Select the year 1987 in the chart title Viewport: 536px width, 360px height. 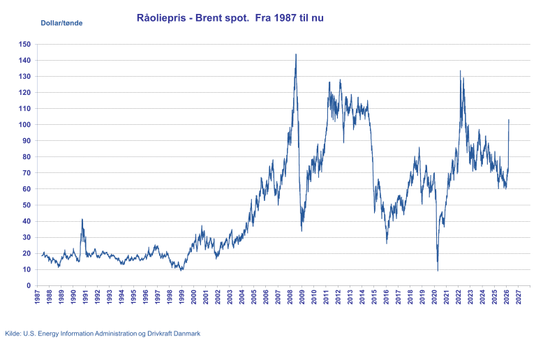pos(274,18)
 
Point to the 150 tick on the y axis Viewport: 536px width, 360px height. pos(26,44)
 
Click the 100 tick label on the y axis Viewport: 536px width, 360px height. pos(26,124)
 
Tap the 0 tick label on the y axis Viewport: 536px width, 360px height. pos(29,285)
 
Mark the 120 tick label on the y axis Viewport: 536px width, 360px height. pos(26,92)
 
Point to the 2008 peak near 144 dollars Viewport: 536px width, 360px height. pos(296,54)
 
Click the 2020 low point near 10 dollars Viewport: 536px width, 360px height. pos(438,268)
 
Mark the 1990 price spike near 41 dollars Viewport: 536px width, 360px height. pos(82,220)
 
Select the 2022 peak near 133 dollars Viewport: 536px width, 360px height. pos(461,70)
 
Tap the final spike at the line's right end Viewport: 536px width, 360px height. pos(509,119)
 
